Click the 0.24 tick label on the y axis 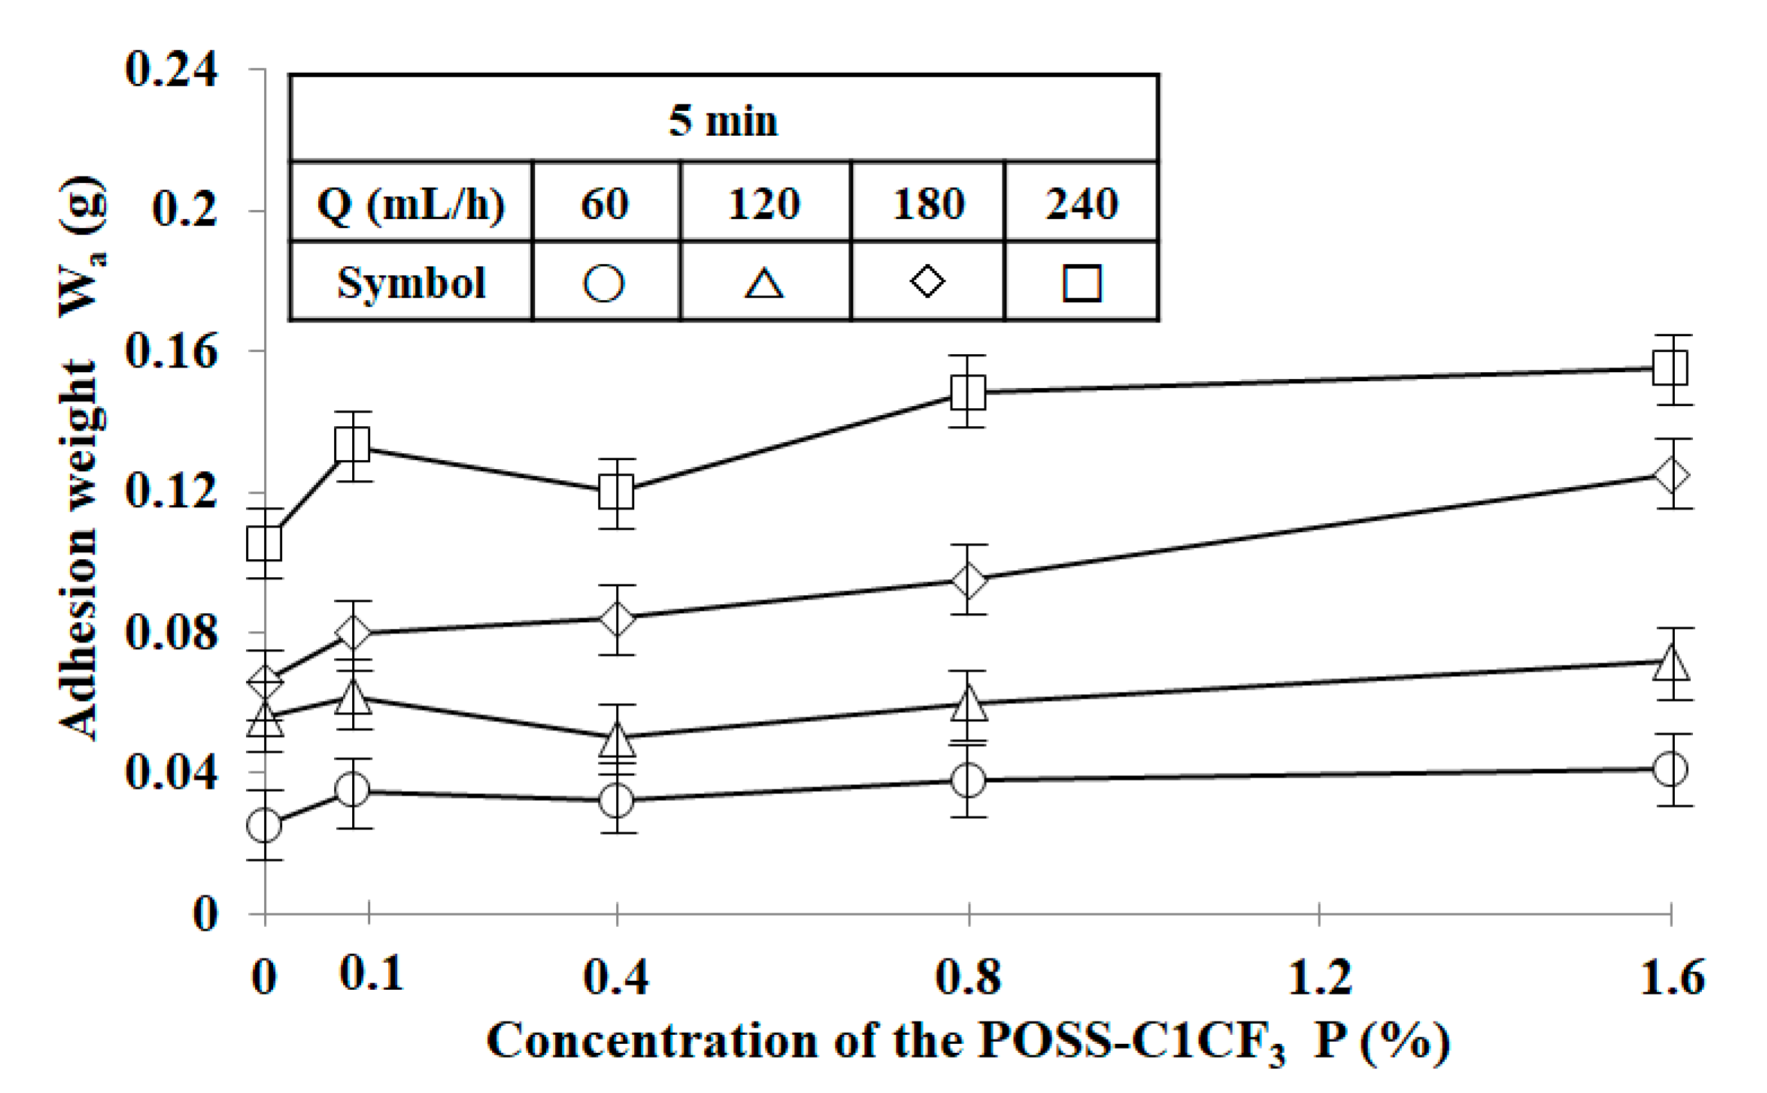pos(171,70)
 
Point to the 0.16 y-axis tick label pos(171,352)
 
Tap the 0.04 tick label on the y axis pos(171,773)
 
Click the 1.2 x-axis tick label pos(1319,977)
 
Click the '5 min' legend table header pos(723,120)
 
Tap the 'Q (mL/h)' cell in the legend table pos(410,204)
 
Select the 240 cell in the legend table pos(1081,204)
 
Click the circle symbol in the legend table pos(604,283)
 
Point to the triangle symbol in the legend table pos(764,283)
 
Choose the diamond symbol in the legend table pos(928,281)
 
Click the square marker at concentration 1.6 pos(1671,368)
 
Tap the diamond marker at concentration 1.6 pos(1671,475)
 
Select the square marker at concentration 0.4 pos(617,492)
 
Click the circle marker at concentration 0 pos(265,825)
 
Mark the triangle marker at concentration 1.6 pos(1671,663)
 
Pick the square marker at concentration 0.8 pos(968,392)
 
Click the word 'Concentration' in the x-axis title pos(653,1042)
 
